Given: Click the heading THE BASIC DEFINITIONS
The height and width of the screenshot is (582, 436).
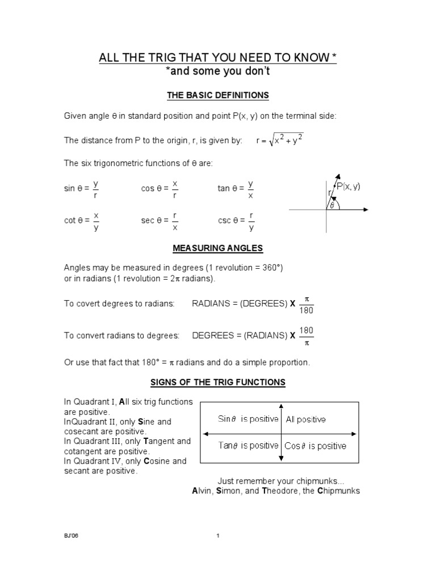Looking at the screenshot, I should [x=217, y=94].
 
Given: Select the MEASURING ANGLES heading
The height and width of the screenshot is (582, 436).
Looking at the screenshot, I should [x=217, y=248].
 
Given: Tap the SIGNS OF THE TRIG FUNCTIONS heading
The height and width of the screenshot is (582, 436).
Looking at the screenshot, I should [x=217, y=383].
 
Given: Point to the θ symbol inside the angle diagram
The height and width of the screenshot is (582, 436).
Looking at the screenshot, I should [x=332, y=205].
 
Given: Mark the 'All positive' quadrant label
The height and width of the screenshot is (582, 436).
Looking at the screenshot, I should [x=305, y=419].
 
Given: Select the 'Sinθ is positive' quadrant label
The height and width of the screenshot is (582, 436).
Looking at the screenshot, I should [x=248, y=419].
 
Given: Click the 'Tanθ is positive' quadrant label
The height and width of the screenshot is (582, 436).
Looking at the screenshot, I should [x=248, y=446].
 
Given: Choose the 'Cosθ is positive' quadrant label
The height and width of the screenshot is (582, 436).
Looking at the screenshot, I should [x=315, y=446].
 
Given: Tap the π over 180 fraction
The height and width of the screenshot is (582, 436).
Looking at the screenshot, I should [x=306, y=304].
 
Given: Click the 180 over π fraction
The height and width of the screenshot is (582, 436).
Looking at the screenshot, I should [x=306, y=336].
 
